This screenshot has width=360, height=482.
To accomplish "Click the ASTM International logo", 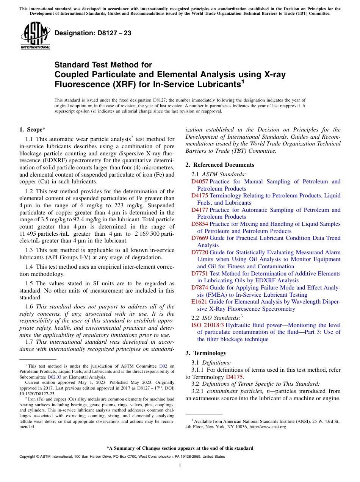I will (x=35, y=35).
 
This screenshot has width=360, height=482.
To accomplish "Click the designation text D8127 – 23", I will (x=93, y=33).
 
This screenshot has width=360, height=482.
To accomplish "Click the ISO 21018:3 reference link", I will (x=208, y=325).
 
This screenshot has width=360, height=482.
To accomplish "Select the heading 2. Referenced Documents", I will (x=220, y=165).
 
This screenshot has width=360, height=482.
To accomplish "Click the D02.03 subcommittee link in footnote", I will (x=54, y=377).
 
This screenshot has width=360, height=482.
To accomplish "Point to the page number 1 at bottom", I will (x=180, y=465).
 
